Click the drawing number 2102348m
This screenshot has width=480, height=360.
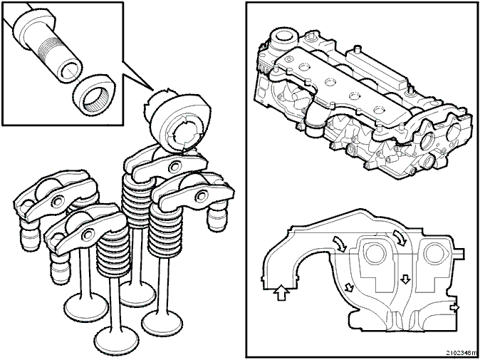[461, 352]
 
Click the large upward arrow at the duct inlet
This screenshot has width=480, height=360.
[281, 292]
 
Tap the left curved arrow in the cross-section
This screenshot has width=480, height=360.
[340, 244]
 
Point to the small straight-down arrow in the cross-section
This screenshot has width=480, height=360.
[405, 279]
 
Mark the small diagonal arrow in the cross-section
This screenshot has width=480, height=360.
[349, 287]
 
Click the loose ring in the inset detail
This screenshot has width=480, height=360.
[94, 95]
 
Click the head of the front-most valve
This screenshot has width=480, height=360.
[116, 341]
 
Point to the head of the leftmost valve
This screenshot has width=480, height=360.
[86, 307]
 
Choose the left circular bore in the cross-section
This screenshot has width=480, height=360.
[374, 253]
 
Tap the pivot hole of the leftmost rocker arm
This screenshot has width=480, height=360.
[58, 201]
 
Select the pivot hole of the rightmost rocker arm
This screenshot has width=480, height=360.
[202, 195]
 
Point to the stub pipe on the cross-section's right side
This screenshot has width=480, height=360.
[459, 253]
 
